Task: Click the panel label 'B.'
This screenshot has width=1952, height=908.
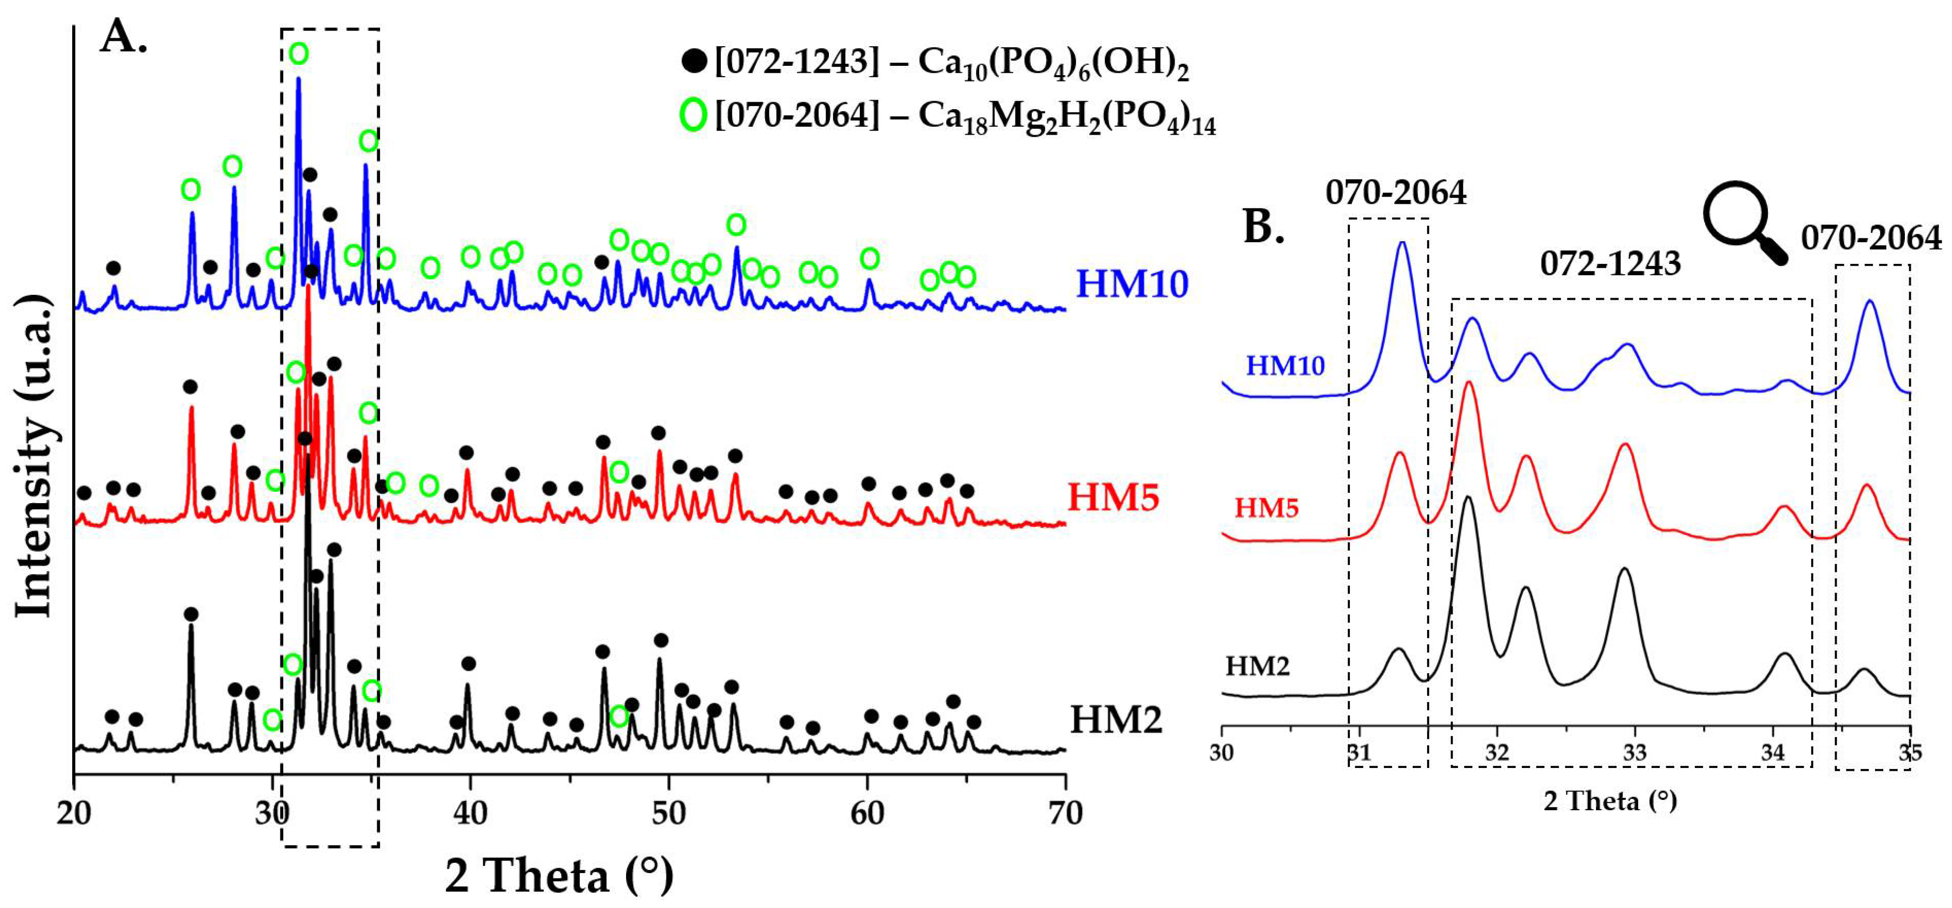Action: pyautogui.click(x=1264, y=226)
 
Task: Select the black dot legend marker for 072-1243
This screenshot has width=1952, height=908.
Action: pyautogui.click(x=694, y=60)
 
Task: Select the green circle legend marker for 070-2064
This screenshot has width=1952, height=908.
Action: pyautogui.click(x=692, y=114)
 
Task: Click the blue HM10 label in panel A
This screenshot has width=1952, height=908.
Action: pyautogui.click(x=1131, y=284)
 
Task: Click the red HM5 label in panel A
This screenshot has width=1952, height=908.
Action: pyautogui.click(x=1112, y=498)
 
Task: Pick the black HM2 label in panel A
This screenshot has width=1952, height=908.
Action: pyautogui.click(x=1115, y=718)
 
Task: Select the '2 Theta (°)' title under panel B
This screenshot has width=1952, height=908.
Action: pyautogui.click(x=1610, y=800)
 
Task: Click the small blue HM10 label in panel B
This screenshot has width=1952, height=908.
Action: pyautogui.click(x=1285, y=366)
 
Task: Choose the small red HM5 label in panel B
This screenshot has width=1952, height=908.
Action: pyautogui.click(x=1266, y=507)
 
